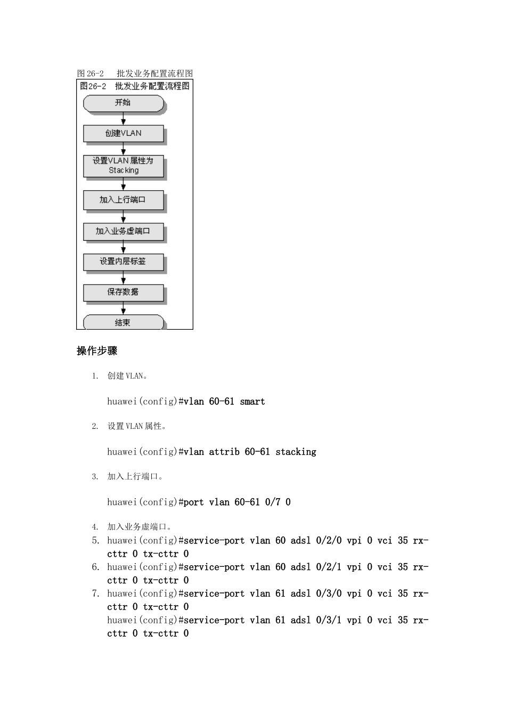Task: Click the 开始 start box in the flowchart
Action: click(124, 103)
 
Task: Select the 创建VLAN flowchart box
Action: click(124, 133)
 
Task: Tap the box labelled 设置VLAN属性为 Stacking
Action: click(124, 166)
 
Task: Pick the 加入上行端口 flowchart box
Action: click(124, 200)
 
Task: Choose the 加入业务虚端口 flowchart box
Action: click(124, 231)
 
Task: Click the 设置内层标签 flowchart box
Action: click(124, 262)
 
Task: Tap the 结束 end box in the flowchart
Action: click(124, 322)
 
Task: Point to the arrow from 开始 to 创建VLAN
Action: click(124, 118)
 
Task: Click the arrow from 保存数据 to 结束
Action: click(124, 308)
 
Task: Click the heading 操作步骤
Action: click(97, 351)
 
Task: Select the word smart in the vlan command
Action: click(252, 402)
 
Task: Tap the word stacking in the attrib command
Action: click(296, 452)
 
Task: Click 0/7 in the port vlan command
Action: click(273, 502)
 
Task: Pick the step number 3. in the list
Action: click(95, 477)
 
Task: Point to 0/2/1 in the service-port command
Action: click(329, 567)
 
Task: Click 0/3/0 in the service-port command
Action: click(329, 593)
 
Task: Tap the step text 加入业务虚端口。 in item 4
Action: click(139, 527)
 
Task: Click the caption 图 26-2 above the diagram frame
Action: click(91, 74)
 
